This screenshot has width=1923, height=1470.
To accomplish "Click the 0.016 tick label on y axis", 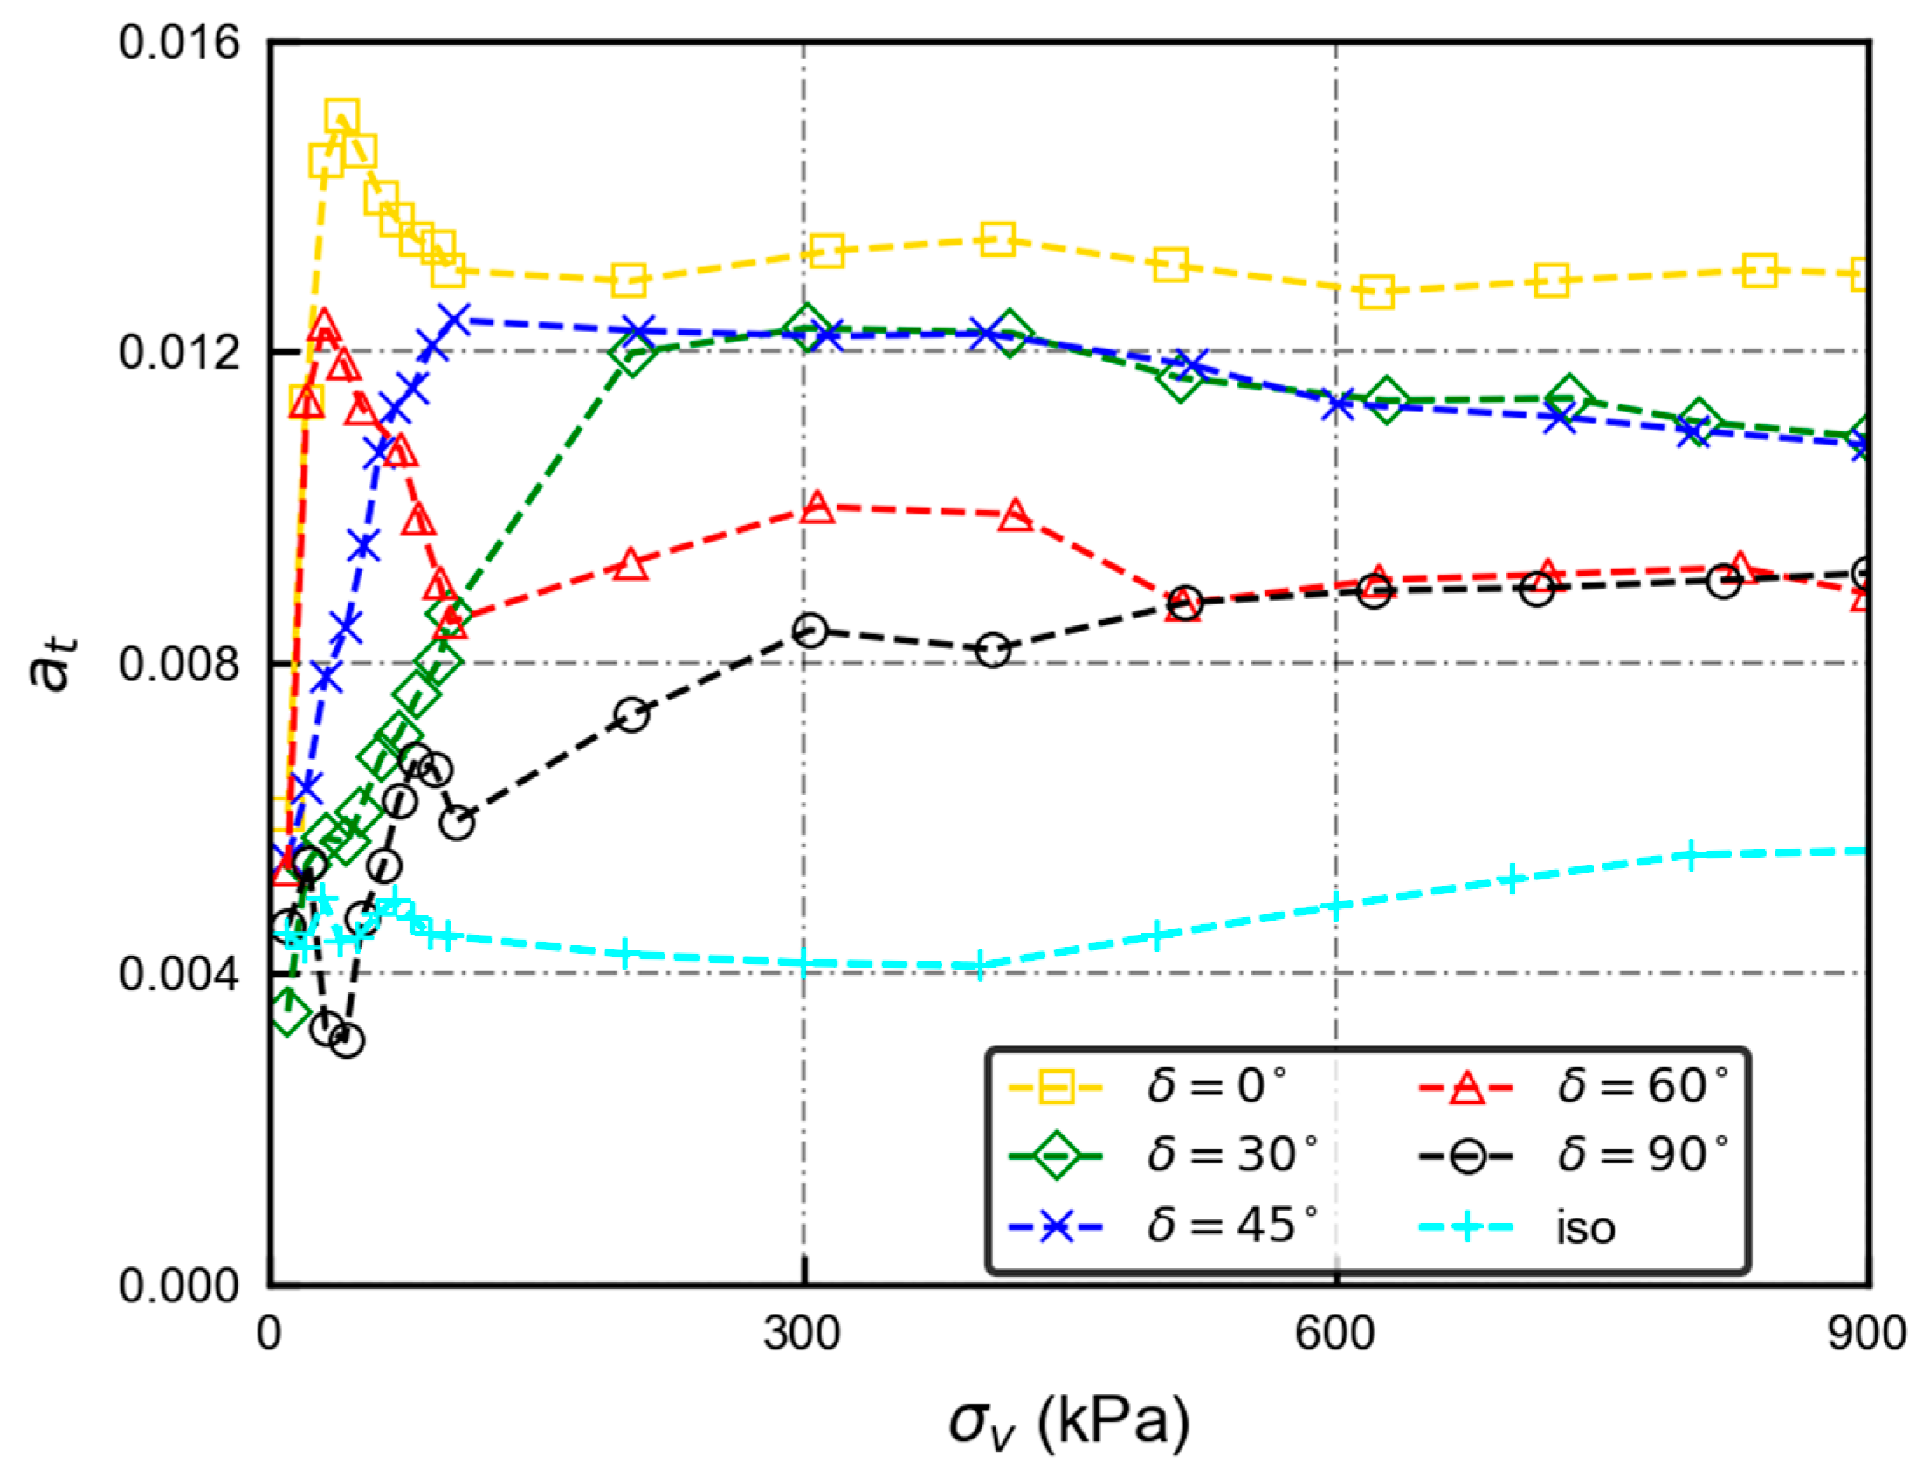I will [x=178, y=42].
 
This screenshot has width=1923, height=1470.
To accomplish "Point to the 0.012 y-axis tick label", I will [x=178, y=353].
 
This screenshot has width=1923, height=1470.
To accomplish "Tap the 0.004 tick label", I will [x=178, y=974].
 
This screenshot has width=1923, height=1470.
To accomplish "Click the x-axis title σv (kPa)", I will [x=1069, y=1422].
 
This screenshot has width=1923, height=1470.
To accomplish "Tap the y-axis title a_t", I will [x=52, y=662].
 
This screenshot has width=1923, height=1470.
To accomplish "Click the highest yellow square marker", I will [x=341, y=116].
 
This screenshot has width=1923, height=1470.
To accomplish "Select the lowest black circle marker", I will [x=347, y=1040].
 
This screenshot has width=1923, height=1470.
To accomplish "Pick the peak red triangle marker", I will [x=324, y=328].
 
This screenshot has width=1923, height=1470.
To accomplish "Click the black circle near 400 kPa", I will [x=992, y=650].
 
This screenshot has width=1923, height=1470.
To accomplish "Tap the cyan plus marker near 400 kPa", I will [x=980, y=966].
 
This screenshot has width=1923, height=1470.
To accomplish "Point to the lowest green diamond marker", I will [x=291, y=1014].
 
